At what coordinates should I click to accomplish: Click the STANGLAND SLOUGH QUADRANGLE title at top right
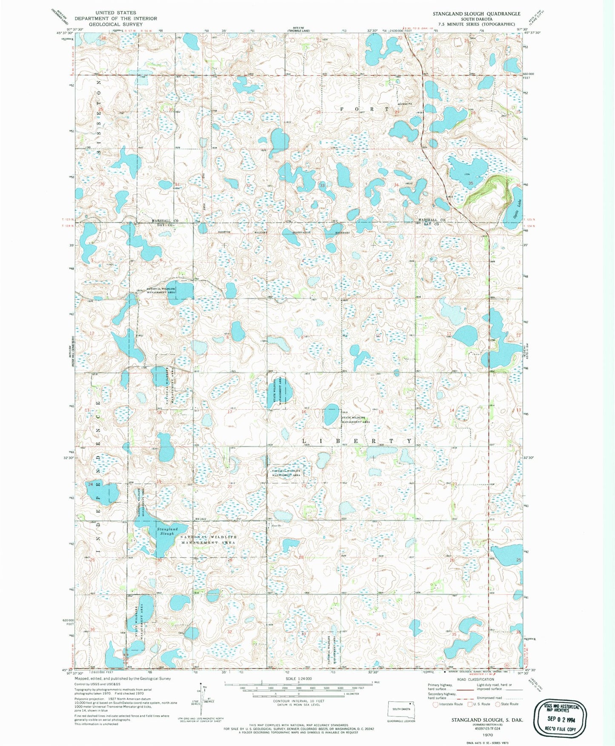(476, 14)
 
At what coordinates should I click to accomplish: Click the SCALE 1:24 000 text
(299, 679)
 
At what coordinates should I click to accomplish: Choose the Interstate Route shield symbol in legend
(435, 704)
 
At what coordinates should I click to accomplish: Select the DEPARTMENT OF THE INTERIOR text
(116, 19)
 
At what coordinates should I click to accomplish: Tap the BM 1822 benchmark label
(201, 520)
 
